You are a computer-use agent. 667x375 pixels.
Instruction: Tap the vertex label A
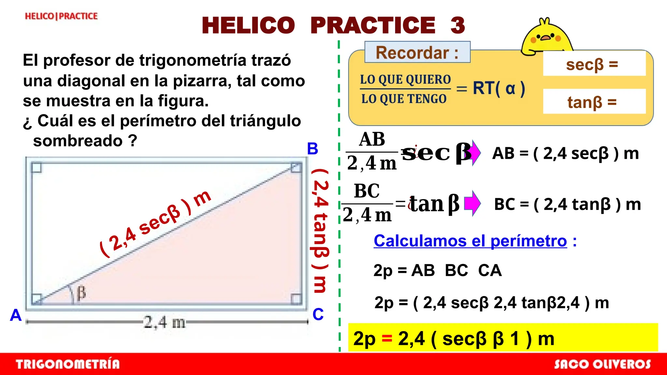point(16,315)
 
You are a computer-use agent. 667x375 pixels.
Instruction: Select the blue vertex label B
point(312,149)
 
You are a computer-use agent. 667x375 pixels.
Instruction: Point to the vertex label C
point(318,314)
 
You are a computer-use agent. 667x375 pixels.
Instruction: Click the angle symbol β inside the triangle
point(81,292)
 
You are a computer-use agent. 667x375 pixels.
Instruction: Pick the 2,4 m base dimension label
point(164,322)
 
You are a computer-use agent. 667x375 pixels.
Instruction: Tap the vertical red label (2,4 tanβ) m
point(320,231)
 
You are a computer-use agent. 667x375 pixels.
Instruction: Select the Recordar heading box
point(417,52)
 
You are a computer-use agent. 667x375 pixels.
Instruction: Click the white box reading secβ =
point(594,64)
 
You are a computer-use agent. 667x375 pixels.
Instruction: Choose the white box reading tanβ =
point(594,102)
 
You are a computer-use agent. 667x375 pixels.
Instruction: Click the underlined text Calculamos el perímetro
point(470,241)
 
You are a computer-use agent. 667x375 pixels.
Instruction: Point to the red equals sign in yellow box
point(387,339)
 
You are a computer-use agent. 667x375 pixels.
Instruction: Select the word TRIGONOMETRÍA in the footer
point(68,364)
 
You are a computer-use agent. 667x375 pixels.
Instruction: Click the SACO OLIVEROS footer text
point(602,364)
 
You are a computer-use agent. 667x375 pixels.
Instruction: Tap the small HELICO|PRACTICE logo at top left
point(61,16)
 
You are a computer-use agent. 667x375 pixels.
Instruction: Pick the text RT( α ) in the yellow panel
point(499,88)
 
